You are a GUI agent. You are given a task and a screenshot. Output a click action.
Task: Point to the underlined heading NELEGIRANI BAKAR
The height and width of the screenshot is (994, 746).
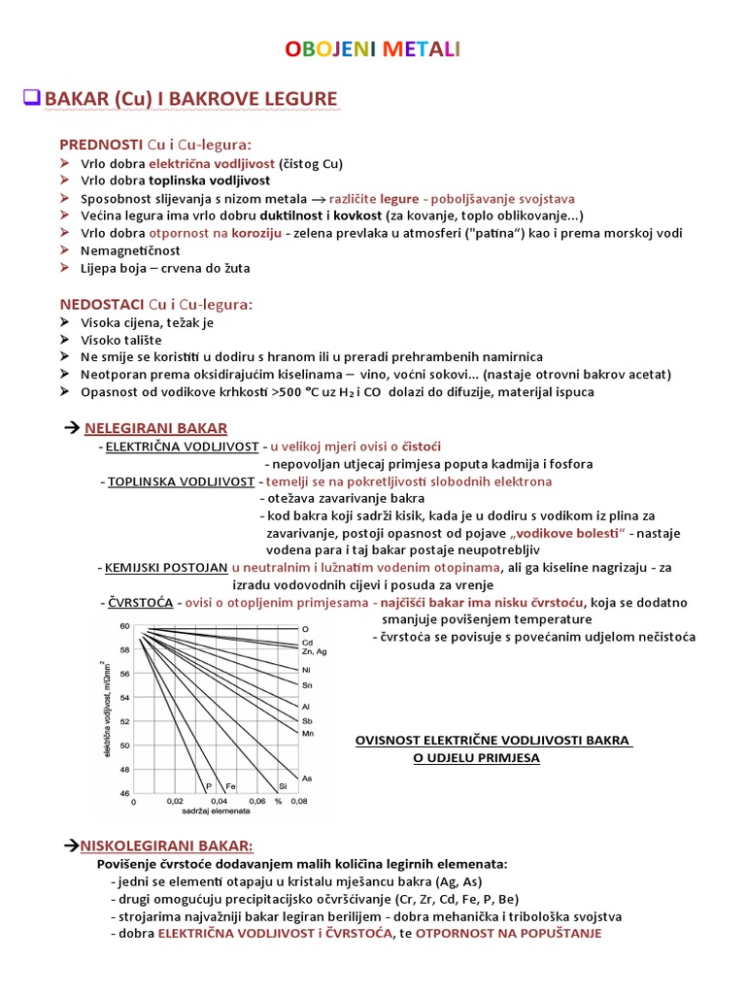(x=155, y=428)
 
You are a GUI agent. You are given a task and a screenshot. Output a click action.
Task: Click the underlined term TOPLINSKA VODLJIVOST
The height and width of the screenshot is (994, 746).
(x=183, y=480)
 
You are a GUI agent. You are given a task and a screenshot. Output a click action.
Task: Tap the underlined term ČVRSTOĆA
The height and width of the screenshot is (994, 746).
(x=140, y=603)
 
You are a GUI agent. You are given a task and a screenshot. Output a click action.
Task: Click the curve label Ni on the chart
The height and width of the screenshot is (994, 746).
(x=307, y=670)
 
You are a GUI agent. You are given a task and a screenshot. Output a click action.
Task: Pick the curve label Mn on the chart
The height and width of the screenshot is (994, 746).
(x=308, y=733)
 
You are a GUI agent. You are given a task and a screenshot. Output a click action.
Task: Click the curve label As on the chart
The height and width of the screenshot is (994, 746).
(x=307, y=779)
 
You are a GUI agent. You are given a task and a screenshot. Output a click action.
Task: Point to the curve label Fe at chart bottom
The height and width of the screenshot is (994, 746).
(x=231, y=785)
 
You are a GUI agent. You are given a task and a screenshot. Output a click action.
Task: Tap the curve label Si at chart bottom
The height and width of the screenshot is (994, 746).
(x=283, y=785)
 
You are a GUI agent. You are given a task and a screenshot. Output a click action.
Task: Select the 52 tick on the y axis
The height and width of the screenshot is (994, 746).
(x=124, y=721)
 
